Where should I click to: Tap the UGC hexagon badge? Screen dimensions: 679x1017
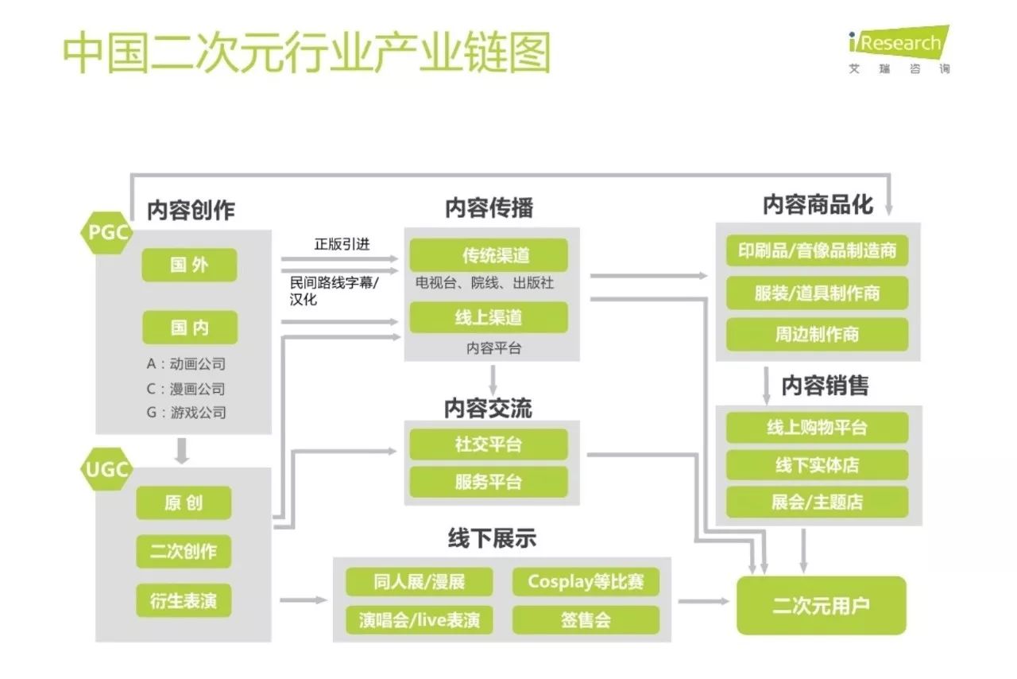[106, 469]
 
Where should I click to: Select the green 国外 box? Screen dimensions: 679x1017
[189, 265]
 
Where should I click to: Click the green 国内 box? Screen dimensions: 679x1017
[189, 327]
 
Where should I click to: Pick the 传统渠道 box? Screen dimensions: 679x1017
[489, 255]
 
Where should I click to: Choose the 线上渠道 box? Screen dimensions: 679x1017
[489, 317]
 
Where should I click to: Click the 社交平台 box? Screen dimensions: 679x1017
[489, 444]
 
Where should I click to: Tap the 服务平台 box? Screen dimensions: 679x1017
[489, 481]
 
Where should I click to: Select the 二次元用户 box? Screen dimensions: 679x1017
[821, 606]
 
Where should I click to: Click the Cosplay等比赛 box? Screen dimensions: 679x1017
[586, 582]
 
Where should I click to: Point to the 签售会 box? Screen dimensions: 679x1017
[586, 620]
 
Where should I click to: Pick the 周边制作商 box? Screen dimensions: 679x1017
[817, 334]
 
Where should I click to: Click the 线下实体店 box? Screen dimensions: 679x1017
[817, 464]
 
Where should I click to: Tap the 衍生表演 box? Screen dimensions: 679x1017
[184, 601]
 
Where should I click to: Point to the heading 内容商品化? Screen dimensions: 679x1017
[818, 205]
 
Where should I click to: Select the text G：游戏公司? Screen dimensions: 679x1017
[186, 413]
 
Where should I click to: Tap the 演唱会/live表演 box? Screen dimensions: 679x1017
[419, 620]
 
